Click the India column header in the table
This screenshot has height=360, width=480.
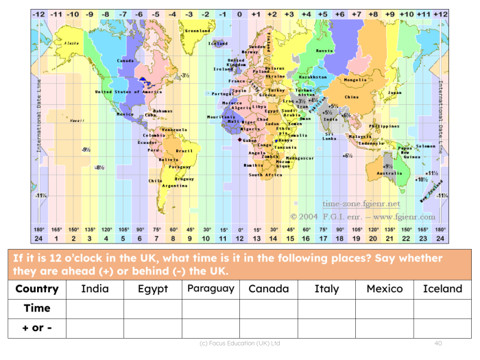(95, 289)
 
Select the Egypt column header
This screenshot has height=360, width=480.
(152, 289)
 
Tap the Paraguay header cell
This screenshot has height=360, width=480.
(211, 288)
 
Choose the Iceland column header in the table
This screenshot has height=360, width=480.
(442, 289)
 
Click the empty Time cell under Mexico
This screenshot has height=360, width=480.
(384, 309)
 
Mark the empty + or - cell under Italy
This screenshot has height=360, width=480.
(326, 328)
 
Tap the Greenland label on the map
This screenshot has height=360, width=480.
(197, 31)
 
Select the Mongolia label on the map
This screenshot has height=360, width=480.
(355, 80)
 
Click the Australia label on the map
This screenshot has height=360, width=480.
(389, 173)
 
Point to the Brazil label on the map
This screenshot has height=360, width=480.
(184, 150)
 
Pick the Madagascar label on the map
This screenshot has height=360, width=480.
(299, 158)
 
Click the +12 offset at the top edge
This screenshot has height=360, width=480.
(440, 14)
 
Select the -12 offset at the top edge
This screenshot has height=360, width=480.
(38, 14)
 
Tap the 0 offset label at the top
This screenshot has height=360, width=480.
(239, 14)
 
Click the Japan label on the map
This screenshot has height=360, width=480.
(394, 93)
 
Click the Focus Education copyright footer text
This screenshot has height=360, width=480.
(239, 341)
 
